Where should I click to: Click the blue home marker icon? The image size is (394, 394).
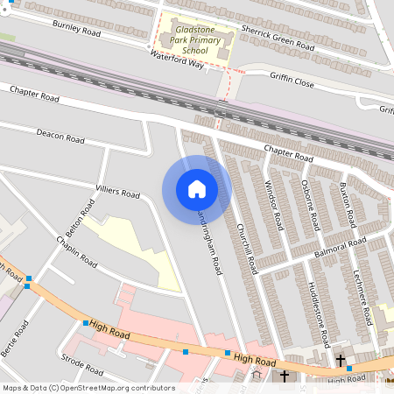[x=197, y=189]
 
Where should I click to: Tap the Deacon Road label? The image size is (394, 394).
[x=60, y=137]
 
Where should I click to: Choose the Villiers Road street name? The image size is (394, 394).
[x=117, y=192]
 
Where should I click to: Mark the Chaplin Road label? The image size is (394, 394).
[x=76, y=251]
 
